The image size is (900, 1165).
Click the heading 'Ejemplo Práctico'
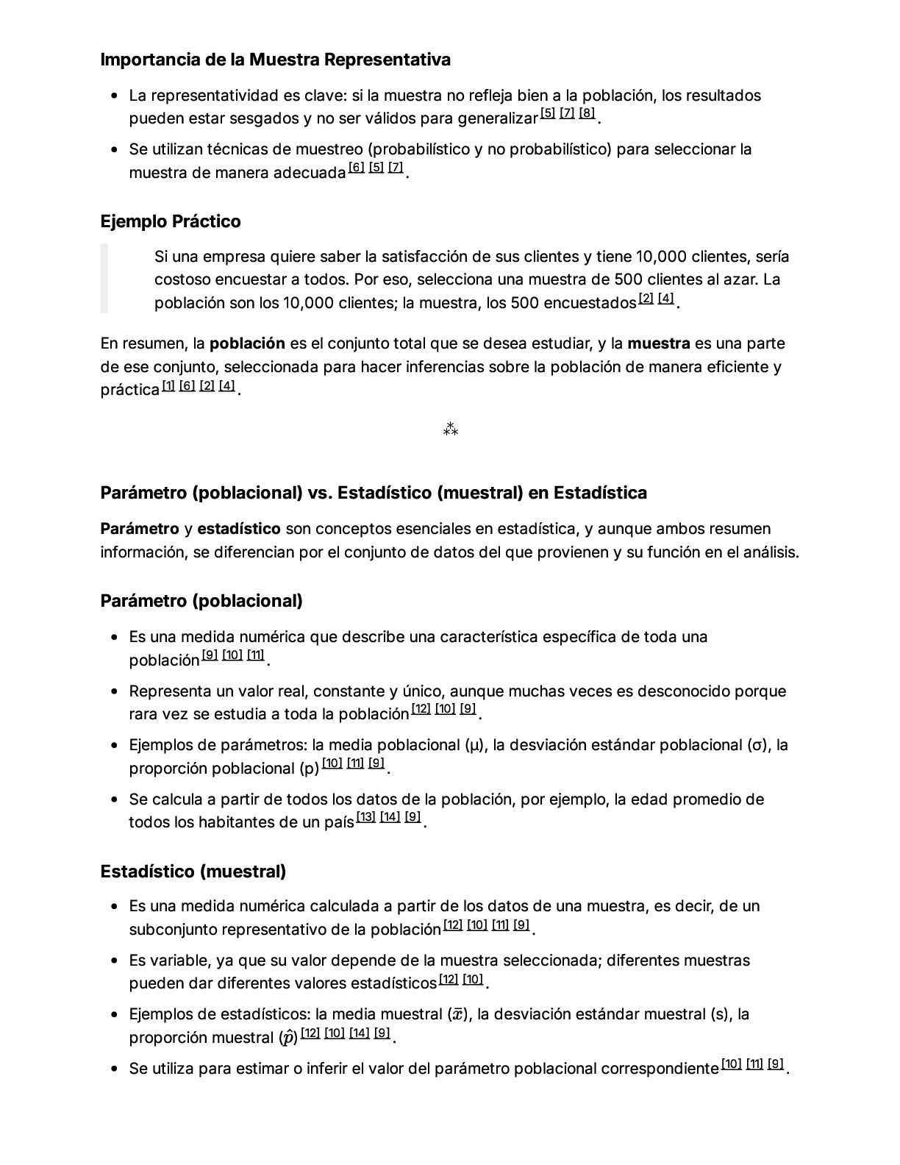[170, 221]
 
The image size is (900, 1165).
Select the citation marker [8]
[586, 113]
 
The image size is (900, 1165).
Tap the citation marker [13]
[365, 817]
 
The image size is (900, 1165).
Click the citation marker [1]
[168, 385]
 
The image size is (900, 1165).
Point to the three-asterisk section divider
[450, 430]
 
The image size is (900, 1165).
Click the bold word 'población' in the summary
[247, 343]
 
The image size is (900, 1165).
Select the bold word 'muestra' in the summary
[658, 343]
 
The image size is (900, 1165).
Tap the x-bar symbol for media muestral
[457, 1015]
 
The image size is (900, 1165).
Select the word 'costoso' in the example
[182, 279]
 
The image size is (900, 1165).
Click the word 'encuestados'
[590, 303]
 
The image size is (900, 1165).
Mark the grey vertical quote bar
[104, 279]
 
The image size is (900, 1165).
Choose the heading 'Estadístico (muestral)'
[193, 872]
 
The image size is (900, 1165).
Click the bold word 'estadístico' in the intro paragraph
[239, 529]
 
